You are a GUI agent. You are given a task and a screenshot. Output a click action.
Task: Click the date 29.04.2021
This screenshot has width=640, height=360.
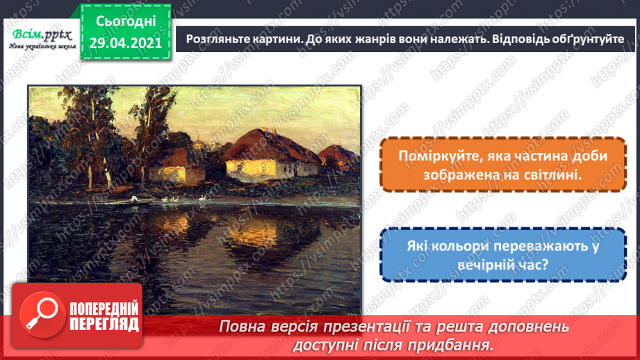click(x=126, y=43)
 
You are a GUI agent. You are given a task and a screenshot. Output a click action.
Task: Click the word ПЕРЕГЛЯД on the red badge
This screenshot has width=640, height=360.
click(x=104, y=324)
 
